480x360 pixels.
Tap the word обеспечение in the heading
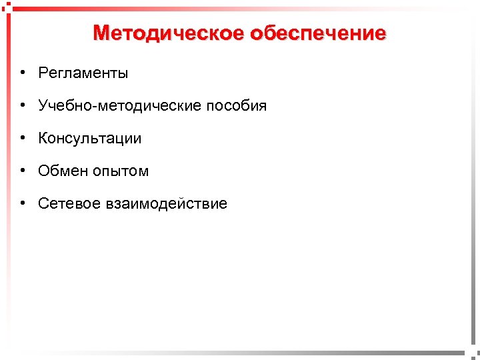point(319,33)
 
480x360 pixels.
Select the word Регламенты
point(83,73)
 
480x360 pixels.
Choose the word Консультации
point(90,139)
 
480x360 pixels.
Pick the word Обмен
point(61,171)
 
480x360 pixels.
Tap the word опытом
point(122,171)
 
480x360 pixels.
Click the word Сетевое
point(69,204)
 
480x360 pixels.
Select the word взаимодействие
point(166,204)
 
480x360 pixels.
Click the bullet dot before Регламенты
point(23,73)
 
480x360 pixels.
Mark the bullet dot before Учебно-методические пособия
point(23,106)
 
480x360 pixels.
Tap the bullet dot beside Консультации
point(23,139)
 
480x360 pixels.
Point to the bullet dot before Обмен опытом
point(23,171)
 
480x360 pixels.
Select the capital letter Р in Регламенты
point(43,73)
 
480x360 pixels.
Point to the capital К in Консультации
point(43,139)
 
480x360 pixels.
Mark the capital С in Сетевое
point(44,204)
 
